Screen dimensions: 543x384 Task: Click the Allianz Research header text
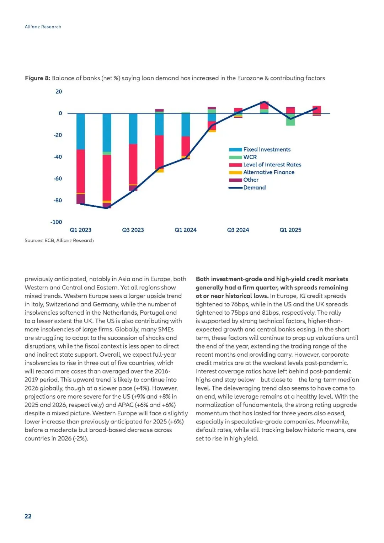(x=43, y=27)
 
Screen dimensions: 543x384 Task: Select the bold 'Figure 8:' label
(x=37, y=78)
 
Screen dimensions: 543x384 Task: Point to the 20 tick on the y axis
(x=59, y=92)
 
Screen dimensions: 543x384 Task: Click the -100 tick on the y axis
(x=56, y=222)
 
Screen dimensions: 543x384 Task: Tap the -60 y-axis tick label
(x=58, y=179)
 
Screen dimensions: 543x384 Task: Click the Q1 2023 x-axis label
(x=81, y=230)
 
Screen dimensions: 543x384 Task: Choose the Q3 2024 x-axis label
(x=238, y=230)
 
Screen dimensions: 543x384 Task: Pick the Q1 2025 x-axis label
(x=290, y=230)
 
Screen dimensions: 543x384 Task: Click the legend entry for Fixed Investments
(x=267, y=150)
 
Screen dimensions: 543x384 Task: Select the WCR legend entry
(x=250, y=157)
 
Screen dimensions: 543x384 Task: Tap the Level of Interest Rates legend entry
(x=272, y=165)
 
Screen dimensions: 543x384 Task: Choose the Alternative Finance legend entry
(x=269, y=172)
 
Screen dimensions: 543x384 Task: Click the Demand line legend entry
(x=254, y=188)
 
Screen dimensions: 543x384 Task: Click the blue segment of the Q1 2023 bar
(x=81, y=132)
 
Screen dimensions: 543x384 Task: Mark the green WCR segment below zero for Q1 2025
(x=290, y=120)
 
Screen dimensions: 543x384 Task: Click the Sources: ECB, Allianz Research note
(x=59, y=241)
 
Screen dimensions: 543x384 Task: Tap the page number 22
(x=28, y=516)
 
